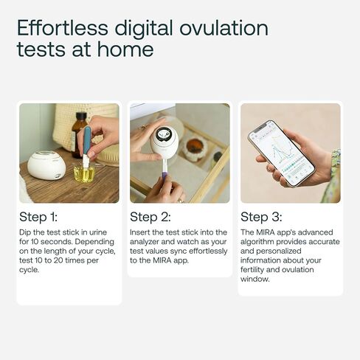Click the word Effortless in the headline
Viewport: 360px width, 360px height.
[63, 28]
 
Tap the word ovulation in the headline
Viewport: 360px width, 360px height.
[224, 28]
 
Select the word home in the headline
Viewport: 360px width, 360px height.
[125, 49]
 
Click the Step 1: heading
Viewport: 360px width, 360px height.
[38, 217]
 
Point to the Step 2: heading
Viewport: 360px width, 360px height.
[150, 217]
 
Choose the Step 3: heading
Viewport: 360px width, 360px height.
[261, 217]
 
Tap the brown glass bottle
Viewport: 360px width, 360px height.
[78, 135]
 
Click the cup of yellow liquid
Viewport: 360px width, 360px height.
[84, 173]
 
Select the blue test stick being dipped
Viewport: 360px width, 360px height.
[86, 146]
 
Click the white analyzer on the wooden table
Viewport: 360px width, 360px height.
[46, 165]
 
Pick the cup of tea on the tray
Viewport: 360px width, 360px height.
[193, 148]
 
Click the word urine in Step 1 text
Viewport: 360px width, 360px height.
[98, 232]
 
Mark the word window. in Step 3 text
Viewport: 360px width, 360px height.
[255, 279]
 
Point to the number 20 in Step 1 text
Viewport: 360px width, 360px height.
[58, 260]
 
